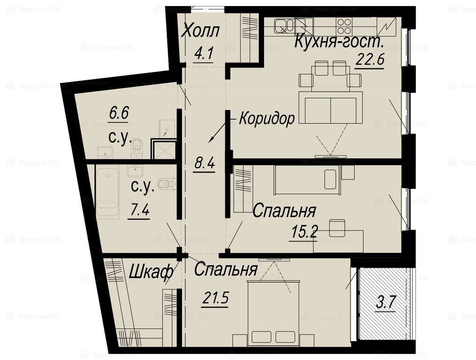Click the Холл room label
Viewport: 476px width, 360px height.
[200, 31]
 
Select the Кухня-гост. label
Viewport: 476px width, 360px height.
[339, 41]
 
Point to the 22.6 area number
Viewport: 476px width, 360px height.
[369, 60]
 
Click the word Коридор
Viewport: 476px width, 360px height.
[266, 118]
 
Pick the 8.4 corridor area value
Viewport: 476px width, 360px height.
[204, 164]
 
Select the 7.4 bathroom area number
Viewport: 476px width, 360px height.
[139, 210]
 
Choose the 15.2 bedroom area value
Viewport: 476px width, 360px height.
[304, 232]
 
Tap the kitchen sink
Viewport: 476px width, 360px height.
[284, 25]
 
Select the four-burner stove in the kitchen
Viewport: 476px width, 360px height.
[344, 25]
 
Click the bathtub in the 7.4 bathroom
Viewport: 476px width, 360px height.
[108, 192]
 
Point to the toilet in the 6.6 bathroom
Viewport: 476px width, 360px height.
[137, 148]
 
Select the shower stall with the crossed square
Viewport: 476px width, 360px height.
[164, 150]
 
